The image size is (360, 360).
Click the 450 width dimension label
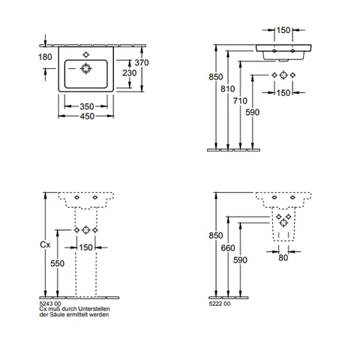87,116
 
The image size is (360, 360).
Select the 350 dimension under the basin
87,106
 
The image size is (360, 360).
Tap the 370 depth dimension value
142,62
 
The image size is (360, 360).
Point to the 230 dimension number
130,73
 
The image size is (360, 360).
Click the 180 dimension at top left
45,57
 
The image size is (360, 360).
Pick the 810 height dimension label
228,88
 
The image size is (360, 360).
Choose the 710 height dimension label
240,100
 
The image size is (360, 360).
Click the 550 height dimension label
57,263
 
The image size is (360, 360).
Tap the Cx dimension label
45,244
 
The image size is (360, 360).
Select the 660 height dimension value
228,248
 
